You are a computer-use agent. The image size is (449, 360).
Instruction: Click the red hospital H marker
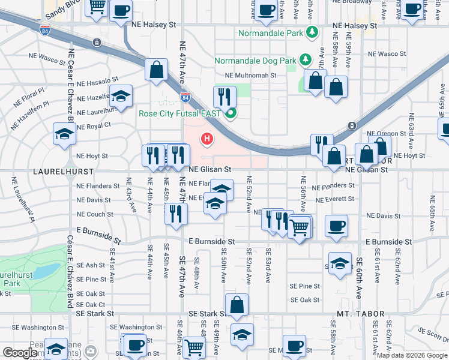click(207, 140)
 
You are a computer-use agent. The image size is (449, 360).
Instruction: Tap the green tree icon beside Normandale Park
click(312, 32)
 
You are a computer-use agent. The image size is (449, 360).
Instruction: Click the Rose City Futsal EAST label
click(179, 113)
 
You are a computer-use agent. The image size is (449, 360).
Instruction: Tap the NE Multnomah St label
click(250, 76)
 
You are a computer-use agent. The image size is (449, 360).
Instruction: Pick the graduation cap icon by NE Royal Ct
click(64, 134)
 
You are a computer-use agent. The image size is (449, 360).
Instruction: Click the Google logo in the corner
click(20, 353)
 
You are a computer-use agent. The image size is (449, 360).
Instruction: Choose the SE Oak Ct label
click(91, 304)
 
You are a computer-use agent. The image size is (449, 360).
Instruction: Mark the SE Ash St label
click(91, 265)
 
